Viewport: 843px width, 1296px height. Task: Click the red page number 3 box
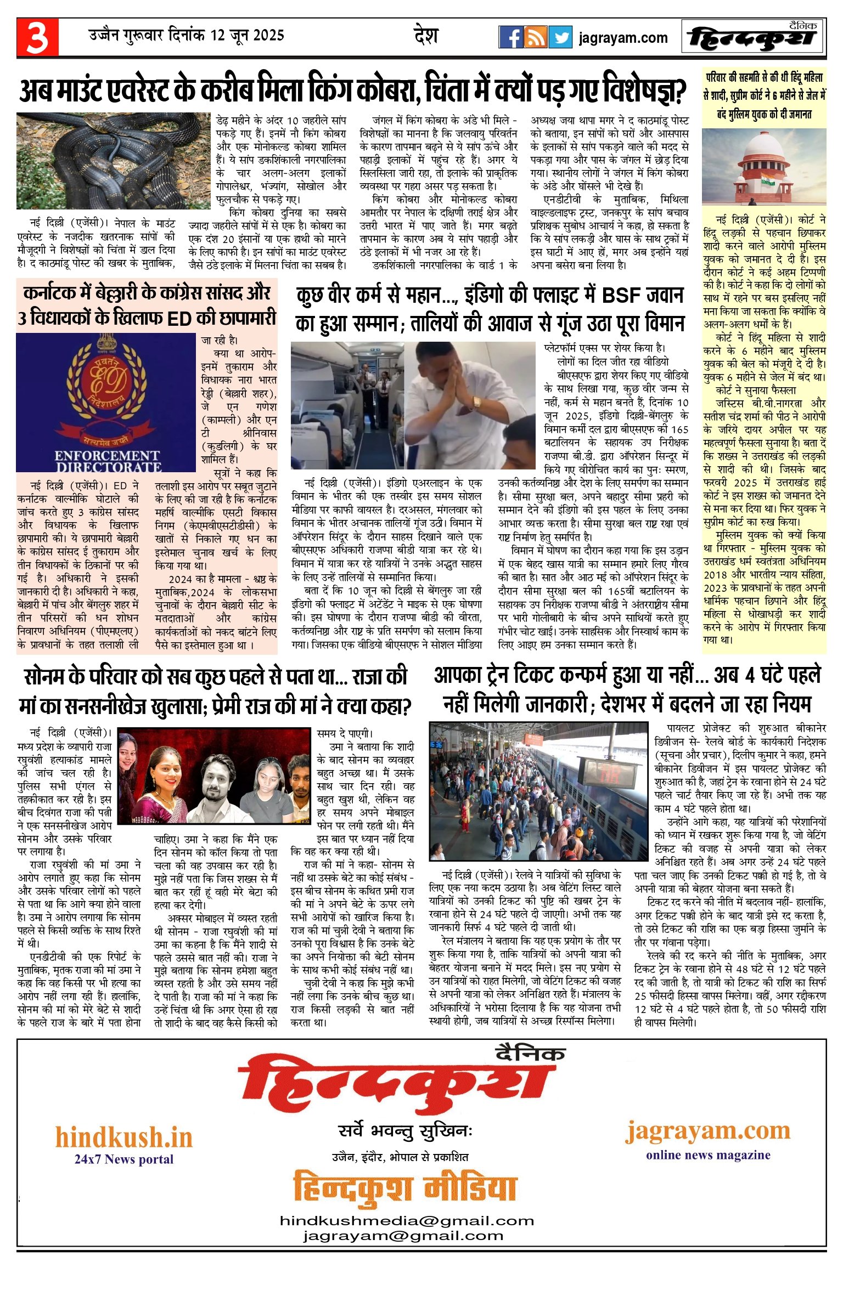[37, 37]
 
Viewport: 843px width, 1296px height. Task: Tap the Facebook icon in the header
[510, 37]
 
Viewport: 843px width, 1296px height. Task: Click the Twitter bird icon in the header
[560, 37]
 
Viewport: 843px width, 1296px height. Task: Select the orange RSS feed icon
[535, 37]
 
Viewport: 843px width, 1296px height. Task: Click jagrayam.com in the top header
[623, 38]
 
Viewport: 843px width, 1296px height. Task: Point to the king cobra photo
[114, 161]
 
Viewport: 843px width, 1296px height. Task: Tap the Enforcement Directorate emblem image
[106, 402]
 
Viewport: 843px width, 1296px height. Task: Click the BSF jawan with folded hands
[469, 405]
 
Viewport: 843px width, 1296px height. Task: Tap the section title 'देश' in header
[426, 36]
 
